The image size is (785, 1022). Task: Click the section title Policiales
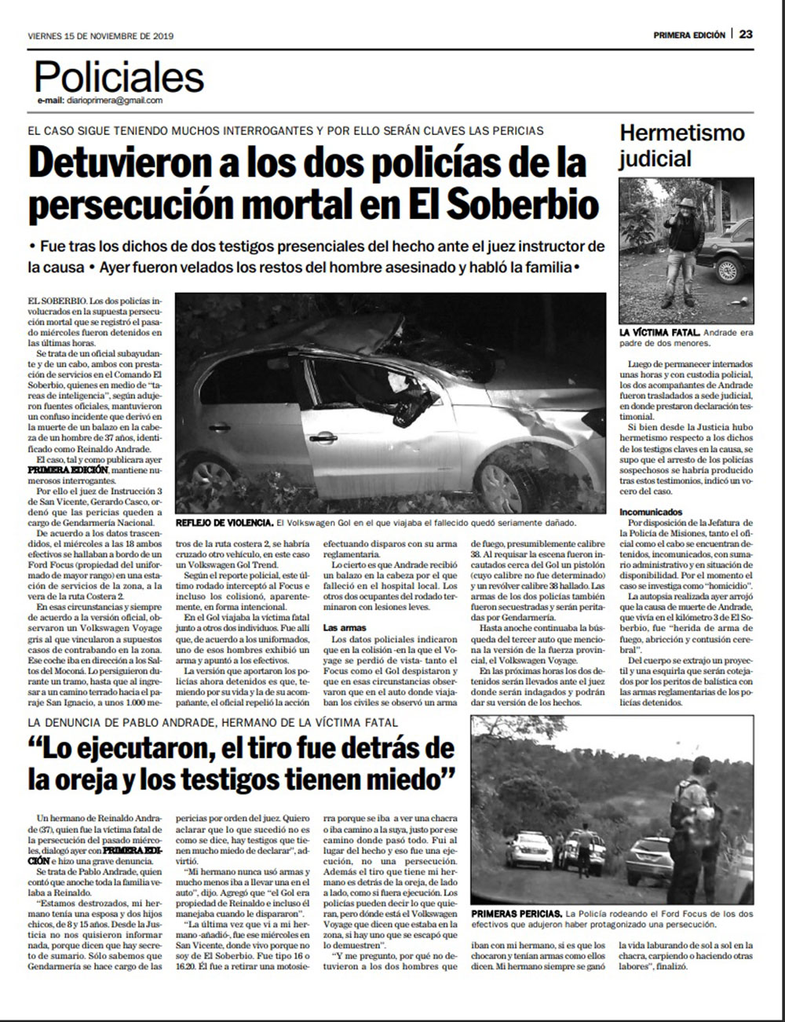coord(119,77)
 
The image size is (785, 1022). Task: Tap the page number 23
coord(746,35)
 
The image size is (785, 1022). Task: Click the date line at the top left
coord(100,35)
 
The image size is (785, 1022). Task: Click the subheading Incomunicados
coord(651,512)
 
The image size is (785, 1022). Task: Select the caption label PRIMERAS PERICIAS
coord(517,914)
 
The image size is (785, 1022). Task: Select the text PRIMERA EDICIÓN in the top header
coord(688,35)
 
